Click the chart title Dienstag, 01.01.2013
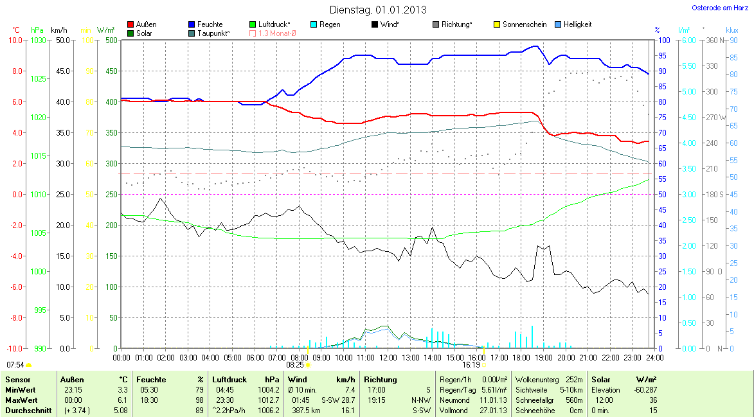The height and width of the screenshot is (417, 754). (x=377, y=10)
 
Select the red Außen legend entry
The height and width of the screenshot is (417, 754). (x=141, y=24)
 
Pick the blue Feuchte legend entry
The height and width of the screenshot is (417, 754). (x=205, y=24)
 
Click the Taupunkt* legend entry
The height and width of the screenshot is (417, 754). (x=209, y=33)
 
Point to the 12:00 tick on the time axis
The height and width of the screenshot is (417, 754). (x=388, y=357)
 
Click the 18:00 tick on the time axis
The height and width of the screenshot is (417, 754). (x=521, y=357)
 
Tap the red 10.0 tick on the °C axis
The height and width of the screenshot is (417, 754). (x=14, y=40)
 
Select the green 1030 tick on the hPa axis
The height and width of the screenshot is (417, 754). (x=39, y=40)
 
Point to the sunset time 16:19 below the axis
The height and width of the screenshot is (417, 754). (x=471, y=364)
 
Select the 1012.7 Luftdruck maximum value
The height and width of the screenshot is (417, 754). (x=269, y=400)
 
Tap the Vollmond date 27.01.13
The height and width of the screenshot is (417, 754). (x=494, y=411)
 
